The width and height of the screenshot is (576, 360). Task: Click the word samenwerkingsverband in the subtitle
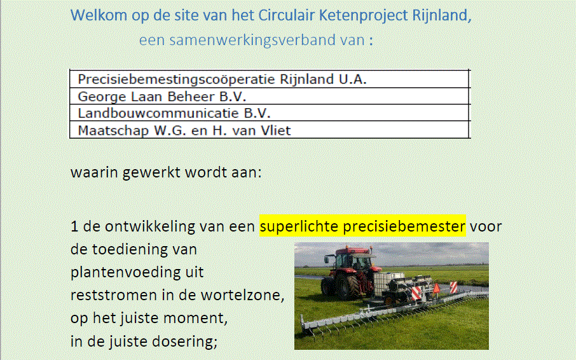253,40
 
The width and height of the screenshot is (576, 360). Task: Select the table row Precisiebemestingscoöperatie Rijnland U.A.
270,79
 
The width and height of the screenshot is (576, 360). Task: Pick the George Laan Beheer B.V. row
270,96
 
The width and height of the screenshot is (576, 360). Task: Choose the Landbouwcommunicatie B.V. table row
270,113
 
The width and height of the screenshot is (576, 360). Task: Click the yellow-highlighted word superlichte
299,226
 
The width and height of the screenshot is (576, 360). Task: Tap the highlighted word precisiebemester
404,226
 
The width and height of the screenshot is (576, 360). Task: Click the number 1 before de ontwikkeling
74,226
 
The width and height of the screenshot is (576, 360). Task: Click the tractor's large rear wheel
346,287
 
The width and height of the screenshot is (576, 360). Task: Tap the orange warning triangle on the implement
436,288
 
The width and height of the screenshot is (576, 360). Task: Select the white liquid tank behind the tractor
388,283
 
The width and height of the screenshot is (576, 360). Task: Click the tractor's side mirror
327,260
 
